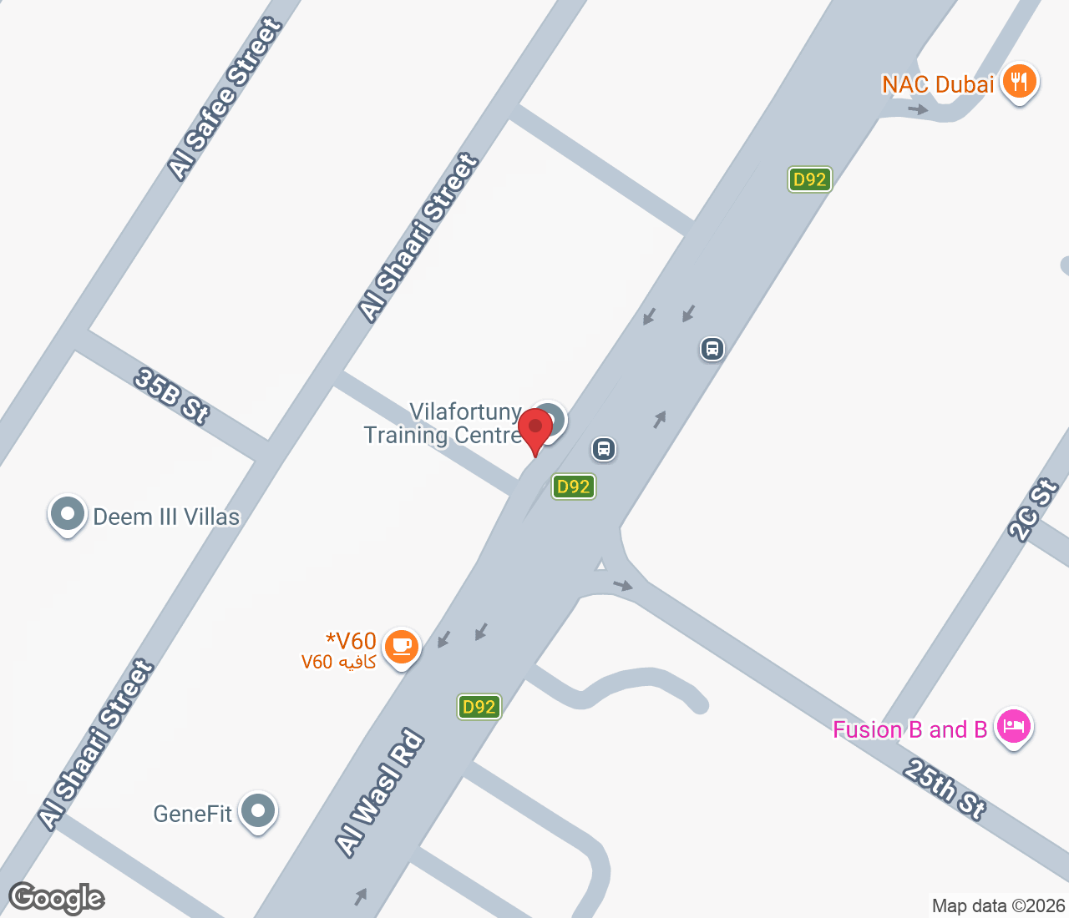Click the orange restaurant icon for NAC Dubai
tap(1018, 83)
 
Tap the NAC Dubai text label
tap(937, 84)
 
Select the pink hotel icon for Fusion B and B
tap(1013, 726)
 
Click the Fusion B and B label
tap(909, 729)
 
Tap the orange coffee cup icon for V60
tap(402, 646)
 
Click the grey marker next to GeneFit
tap(258, 810)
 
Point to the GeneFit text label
tap(192, 814)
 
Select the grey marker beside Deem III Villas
tap(67, 514)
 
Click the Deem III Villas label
tap(166, 517)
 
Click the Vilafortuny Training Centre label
tap(443, 423)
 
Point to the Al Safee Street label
tap(225, 98)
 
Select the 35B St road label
tap(171, 396)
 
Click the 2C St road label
tap(1032, 510)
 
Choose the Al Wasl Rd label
tap(380, 792)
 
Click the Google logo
tap(56, 898)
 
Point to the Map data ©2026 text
tap(998, 905)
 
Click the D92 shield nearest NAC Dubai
tap(809, 179)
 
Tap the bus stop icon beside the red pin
tap(603, 449)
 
